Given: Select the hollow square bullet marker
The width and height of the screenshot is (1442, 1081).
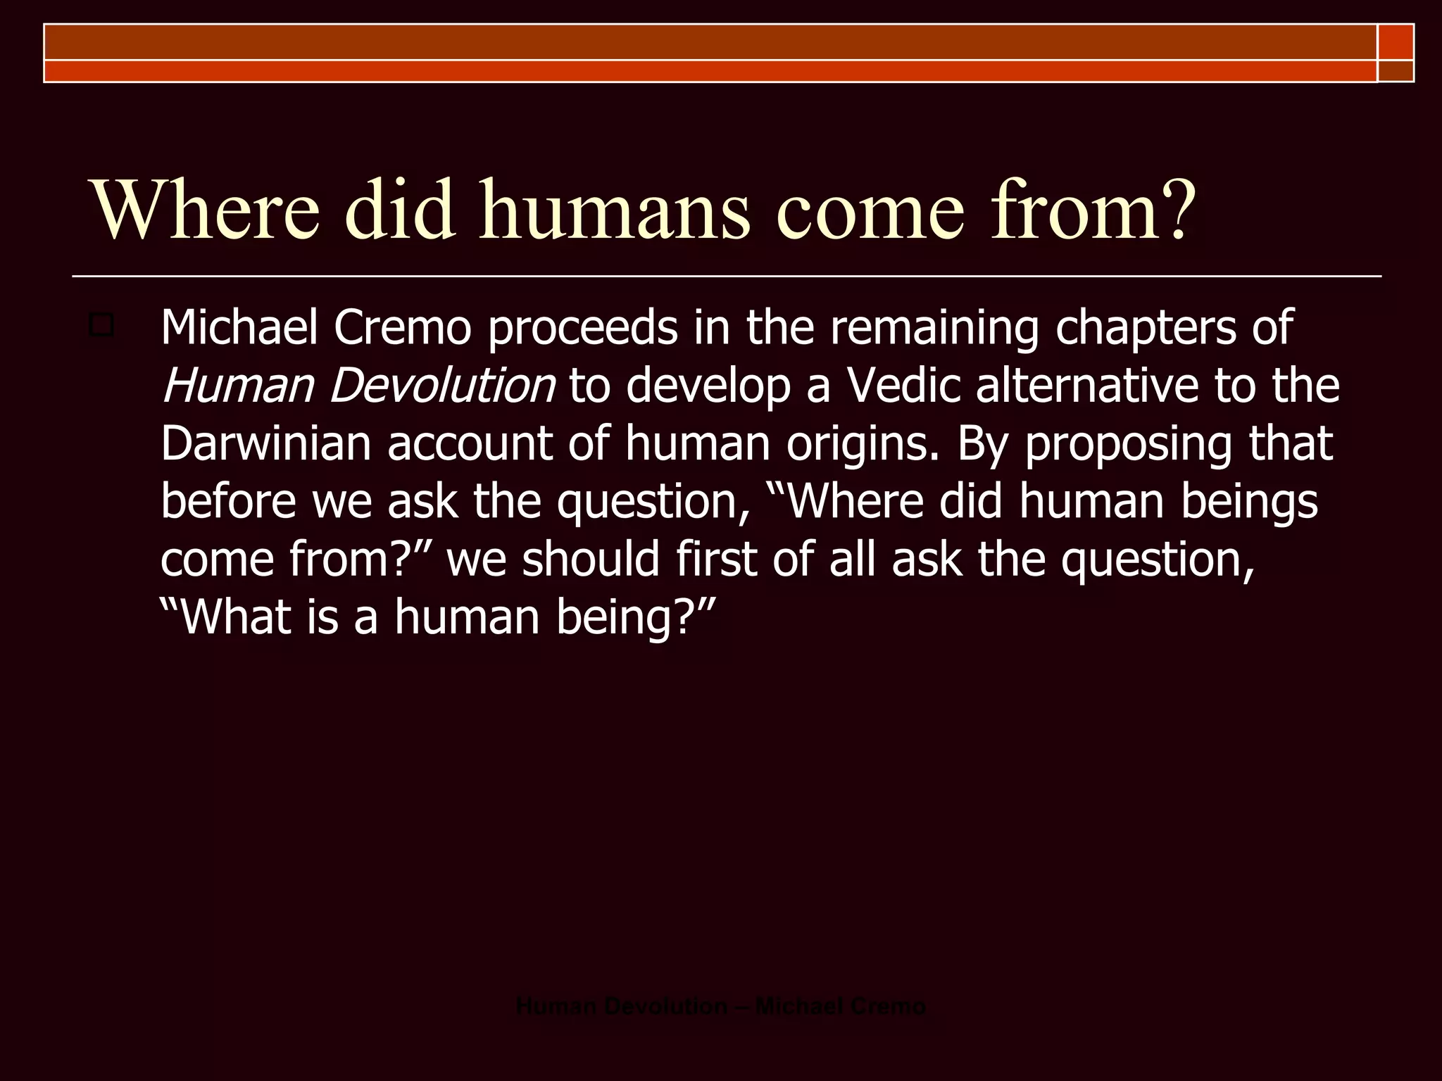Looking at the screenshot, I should point(101,326).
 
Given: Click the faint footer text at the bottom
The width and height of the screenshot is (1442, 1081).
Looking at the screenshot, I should point(720,1006).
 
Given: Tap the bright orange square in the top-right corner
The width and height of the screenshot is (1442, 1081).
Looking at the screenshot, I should point(1396,42).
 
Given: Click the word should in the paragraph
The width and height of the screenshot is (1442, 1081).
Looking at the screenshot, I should point(591,559).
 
